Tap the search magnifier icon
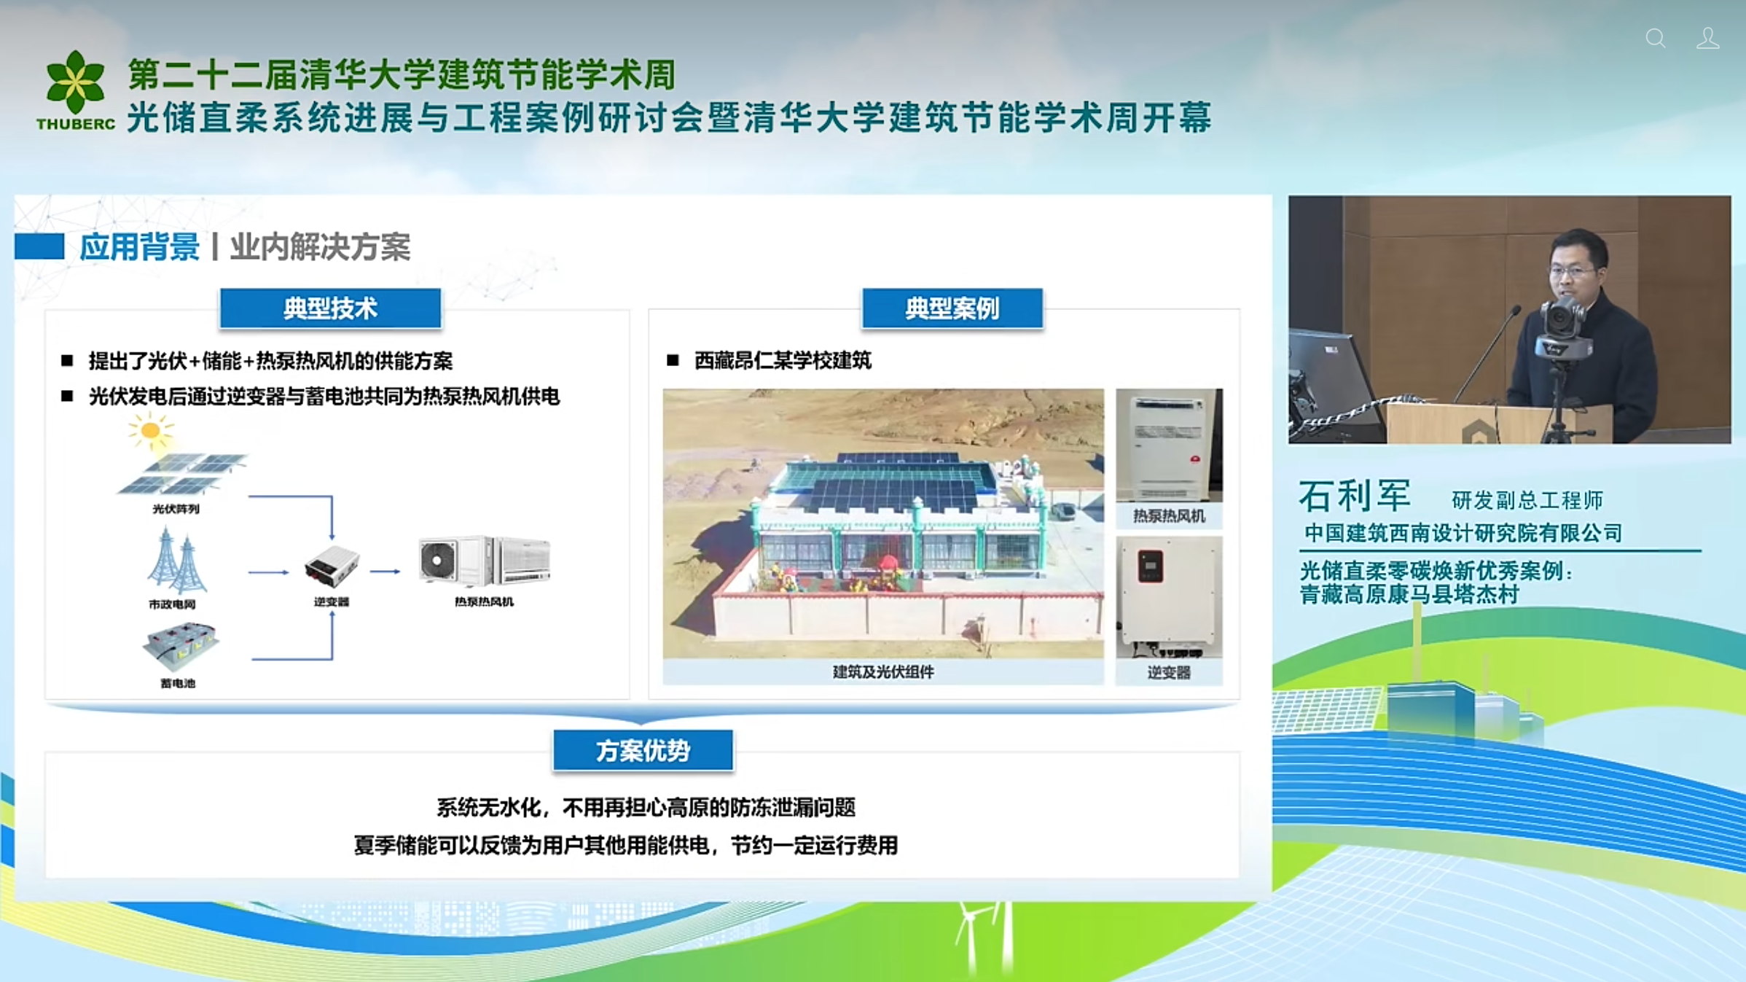coord(1656,38)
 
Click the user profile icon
coord(1707,38)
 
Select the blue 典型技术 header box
coord(330,308)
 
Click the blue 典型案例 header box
coord(952,308)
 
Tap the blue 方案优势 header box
coord(643,750)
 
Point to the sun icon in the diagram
coord(150,430)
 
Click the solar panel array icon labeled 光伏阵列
coord(182,473)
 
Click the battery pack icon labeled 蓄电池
coord(180,646)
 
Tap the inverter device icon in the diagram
coord(332,566)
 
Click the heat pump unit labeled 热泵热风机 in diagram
coord(485,561)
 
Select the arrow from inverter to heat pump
coord(385,572)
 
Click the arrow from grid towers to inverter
coord(268,572)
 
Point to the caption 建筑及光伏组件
coord(883,672)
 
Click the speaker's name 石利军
coord(1355,496)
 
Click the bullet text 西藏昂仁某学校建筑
coord(783,360)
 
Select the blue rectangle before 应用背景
coord(39,246)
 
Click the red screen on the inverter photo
coord(1150,566)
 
